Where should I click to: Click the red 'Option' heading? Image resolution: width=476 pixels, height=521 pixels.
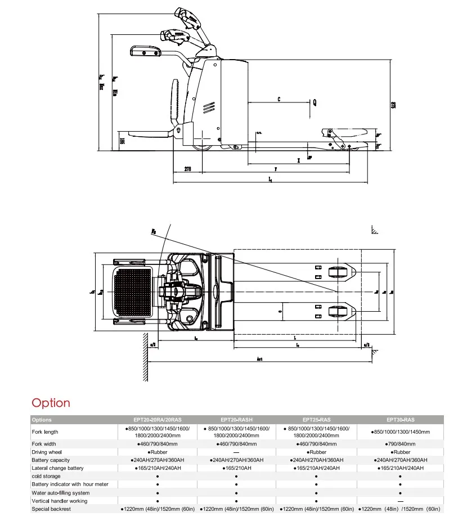[x=51, y=403]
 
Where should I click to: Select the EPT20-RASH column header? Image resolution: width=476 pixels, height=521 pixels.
[x=236, y=420]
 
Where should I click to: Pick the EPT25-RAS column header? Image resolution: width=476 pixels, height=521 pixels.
[x=316, y=420]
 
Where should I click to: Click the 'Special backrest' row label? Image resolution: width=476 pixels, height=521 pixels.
[x=51, y=509]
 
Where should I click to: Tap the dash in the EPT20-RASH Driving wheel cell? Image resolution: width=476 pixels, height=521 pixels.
[x=236, y=452]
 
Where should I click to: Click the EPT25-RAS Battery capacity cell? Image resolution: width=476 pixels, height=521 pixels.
[x=316, y=460]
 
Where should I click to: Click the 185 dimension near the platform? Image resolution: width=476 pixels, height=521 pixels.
[x=122, y=140]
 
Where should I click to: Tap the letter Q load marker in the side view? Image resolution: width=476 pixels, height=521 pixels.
[x=315, y=102]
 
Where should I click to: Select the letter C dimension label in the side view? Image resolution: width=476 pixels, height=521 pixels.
[x=279, y=100]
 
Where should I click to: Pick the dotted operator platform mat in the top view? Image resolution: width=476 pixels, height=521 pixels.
[x=133, y=293]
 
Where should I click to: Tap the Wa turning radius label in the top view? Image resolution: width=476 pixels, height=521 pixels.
[x=154, y=231]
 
